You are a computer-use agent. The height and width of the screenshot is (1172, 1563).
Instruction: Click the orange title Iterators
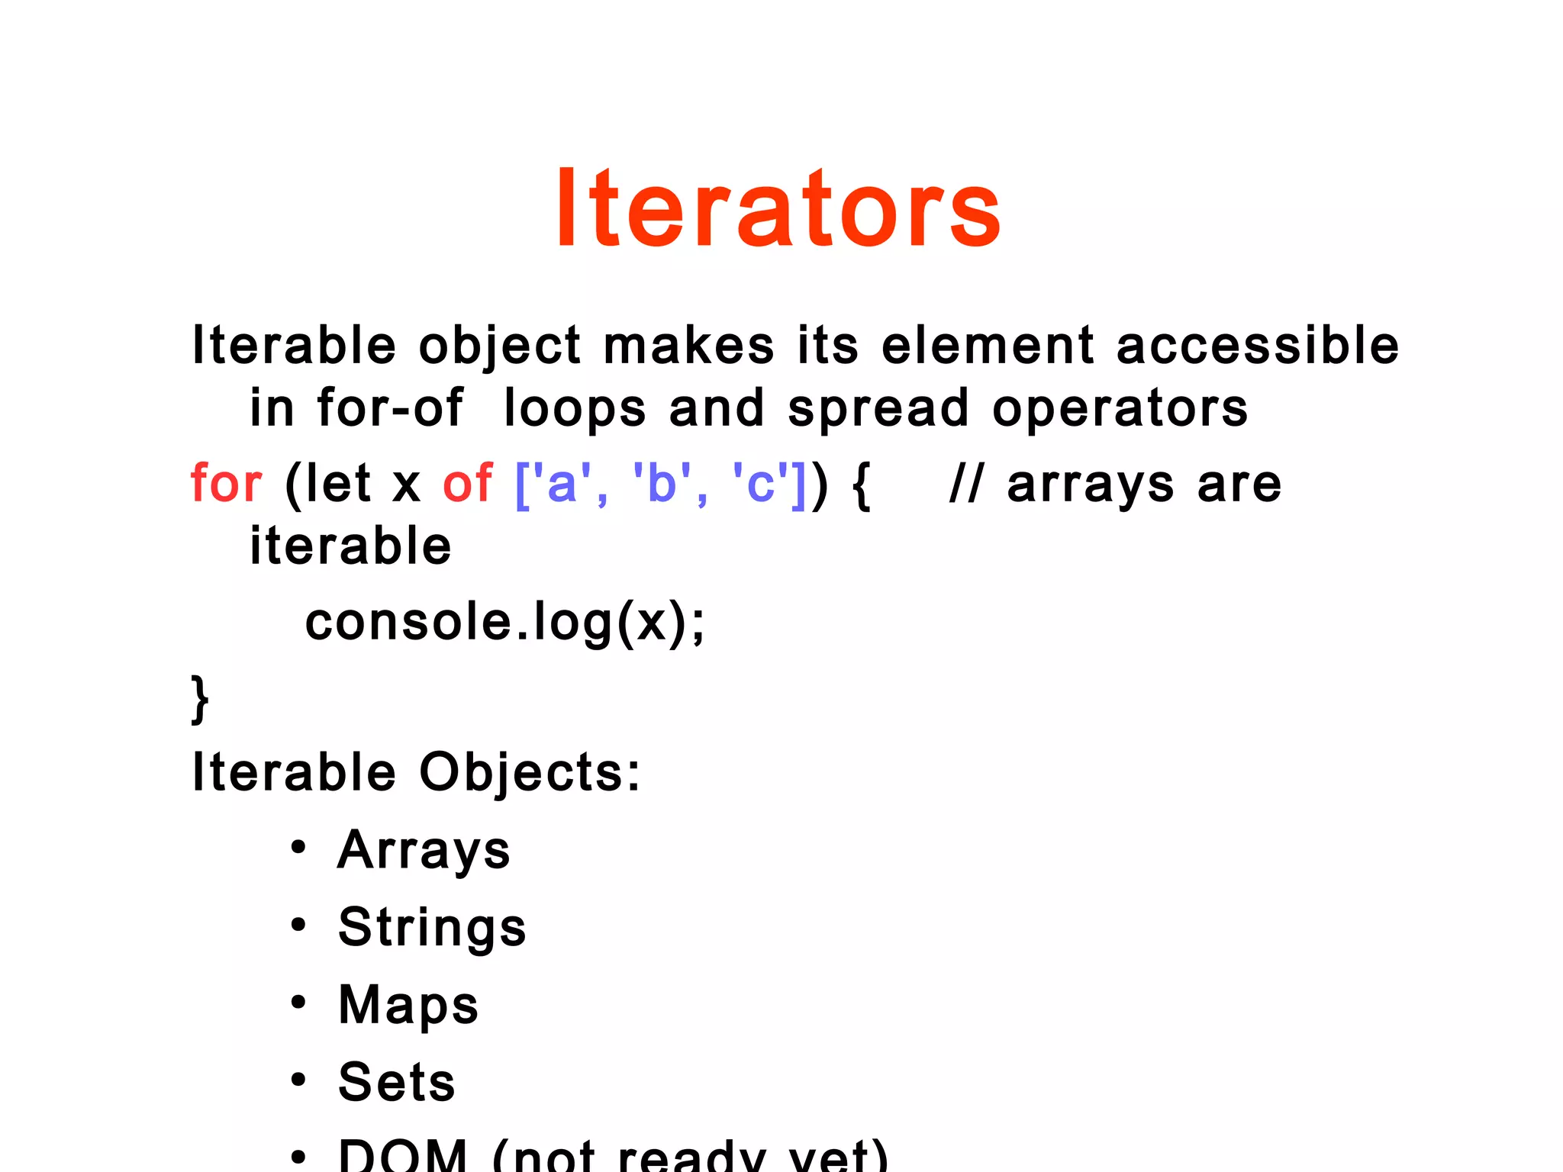pyautogui.click(x=778, y=208)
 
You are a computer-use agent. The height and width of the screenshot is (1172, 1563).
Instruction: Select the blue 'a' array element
pyautogui.click(x=562, y=484)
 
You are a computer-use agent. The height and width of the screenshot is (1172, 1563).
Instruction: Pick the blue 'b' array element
pyautogui.click(x=662, y=484)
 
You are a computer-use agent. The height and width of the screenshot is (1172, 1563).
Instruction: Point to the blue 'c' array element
pyautogui.click(x=760, y=484)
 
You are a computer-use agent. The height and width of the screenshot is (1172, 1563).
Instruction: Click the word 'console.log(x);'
pyautogui.click(x=505, y=622)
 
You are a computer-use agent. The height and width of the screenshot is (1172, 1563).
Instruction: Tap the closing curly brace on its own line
pyautogui.click(x=200, y=698)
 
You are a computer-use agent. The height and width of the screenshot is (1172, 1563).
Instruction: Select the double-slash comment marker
pyautogui.click(x=965, y=484)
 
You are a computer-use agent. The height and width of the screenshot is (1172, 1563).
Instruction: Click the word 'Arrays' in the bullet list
pyautogui.click(x=424, y=850)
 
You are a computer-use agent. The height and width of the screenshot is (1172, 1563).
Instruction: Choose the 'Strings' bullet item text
pyautogui.click(x=432, y=928)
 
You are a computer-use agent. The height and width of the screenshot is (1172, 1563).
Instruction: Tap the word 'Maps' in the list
pyautogui.click(x=408, y=1005)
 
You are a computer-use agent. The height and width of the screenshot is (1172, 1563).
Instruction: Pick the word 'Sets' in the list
pyautogui.click(x=397, y=1082)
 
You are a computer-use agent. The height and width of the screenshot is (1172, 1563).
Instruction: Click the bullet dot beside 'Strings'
pyautogui.click(x=298, y=926)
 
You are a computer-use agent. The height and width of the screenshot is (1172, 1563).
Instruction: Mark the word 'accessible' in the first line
pyautogui.click(x=1257, y=346)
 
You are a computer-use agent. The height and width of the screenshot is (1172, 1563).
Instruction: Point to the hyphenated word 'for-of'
pyautogui.click(x=390, y=407)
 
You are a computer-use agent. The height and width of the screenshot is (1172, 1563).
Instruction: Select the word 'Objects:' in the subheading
pyautogui.click(x=530, y=774)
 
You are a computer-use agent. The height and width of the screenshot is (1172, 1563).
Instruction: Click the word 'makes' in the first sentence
pyautogui.click(x=688, y=346)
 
